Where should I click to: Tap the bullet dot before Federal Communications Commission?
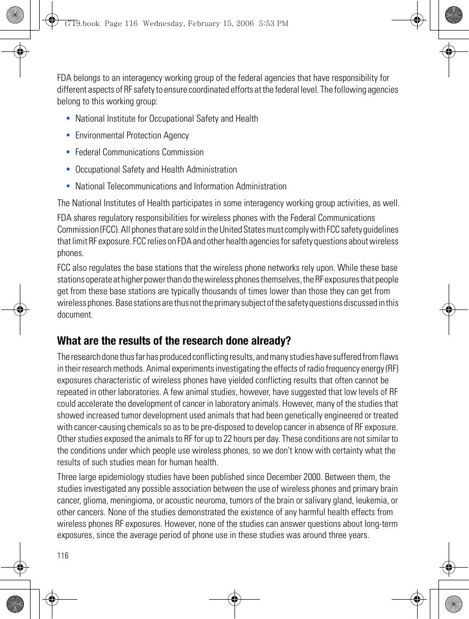[68, 152]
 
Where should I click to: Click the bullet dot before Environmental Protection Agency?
[68, 135]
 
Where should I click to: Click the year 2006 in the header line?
[244, 23]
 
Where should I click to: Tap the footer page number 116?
[63, 555]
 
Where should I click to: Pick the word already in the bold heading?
[273, 341]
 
